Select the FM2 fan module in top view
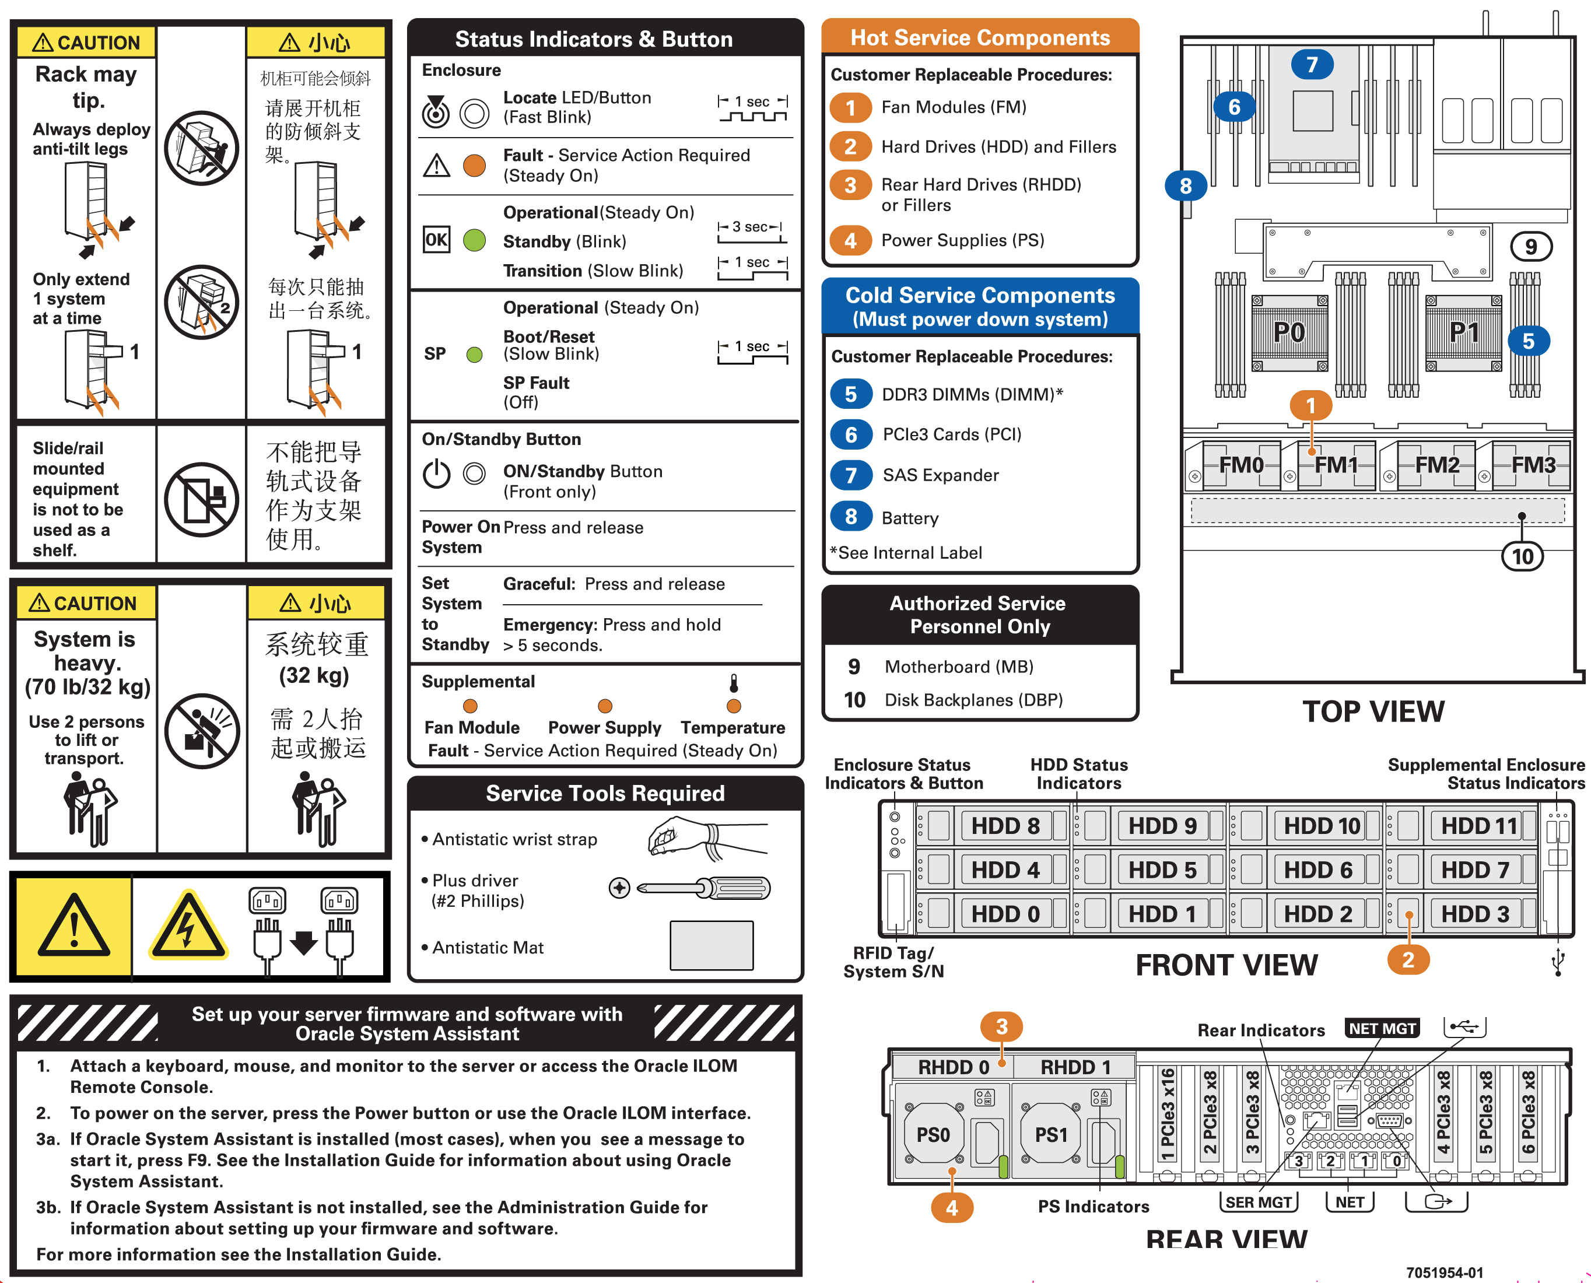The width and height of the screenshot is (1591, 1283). (1436, 465)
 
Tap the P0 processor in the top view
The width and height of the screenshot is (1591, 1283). (1289, 332)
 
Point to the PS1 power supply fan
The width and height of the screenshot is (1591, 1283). (1051, 1134)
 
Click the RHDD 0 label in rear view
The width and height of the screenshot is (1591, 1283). (952, 1067)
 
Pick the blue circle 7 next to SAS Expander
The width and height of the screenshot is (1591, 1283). (850, 475)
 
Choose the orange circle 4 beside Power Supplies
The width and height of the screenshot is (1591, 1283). (850, 240)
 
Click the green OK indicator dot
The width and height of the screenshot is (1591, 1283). (474, 240)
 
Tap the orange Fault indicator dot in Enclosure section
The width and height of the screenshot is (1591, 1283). (474, 165)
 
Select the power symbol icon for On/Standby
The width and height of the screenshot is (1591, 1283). (436, 473)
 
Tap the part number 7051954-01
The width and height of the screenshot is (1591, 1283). (1444, 1273)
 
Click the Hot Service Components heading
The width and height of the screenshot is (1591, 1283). (980, 38)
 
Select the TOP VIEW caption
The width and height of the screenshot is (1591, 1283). (1372, 711)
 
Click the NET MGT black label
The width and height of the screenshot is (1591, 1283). (1381, 1029)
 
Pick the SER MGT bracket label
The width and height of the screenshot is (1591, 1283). (1258, 1202)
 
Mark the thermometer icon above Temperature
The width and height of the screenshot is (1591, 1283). (734, 682)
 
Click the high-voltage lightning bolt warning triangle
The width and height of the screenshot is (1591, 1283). (188, 927)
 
